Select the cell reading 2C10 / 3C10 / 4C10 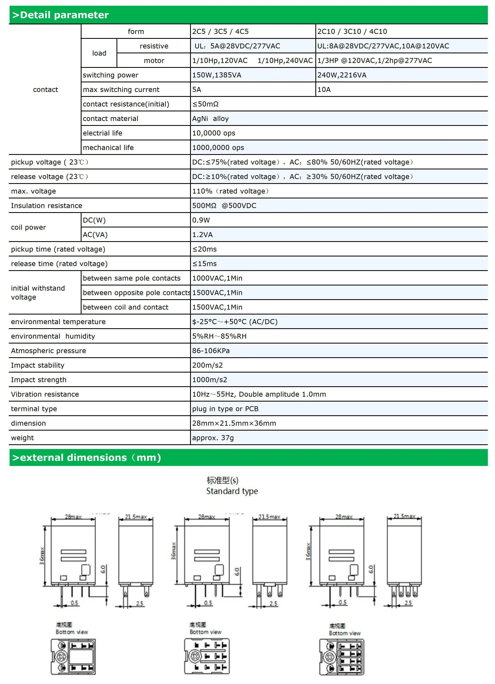pos(352,31)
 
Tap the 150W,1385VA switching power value pos(217,75)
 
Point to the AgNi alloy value pos(210,119)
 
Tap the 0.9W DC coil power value pos(201,220)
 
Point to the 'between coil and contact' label pos(125,307)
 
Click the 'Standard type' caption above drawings pos(232,491)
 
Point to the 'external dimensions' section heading pos(87,458)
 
